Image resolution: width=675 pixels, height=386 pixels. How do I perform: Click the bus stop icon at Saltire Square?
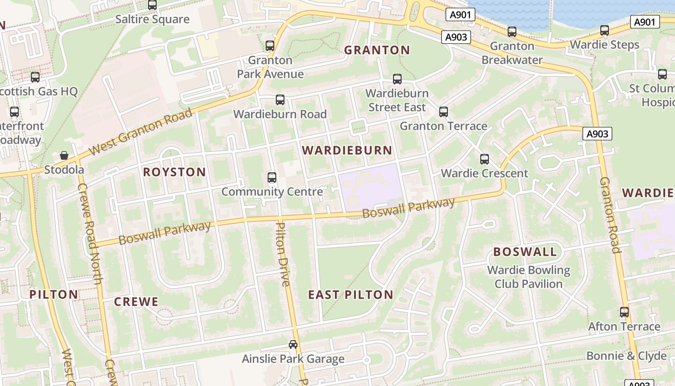coord(152,5)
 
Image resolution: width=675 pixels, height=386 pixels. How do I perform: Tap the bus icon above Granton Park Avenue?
coord(270,46)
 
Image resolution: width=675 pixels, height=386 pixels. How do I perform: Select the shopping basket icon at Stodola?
coord(64,155)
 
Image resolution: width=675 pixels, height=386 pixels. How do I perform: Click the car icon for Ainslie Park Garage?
coord(293,345)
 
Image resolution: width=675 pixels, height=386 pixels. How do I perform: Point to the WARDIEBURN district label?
coord(347,151)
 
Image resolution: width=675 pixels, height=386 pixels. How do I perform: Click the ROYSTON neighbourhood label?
coord(175,172)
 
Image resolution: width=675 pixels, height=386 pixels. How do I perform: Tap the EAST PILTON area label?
coord(351,295)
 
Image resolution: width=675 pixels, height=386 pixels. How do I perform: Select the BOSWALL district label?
coord(525,252)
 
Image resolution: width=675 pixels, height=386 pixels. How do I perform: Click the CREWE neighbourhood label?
coord(136,302)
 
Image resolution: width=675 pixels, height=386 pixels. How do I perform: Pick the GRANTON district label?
coord(377,50)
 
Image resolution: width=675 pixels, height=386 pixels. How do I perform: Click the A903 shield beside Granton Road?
coord(597,134)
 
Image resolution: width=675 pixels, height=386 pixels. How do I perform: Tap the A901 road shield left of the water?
coord(459,15)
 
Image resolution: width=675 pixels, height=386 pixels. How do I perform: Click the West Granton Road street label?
coord(141,132)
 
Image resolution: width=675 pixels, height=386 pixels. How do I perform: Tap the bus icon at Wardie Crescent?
coord(485,159)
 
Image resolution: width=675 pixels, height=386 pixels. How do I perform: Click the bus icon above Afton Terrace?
coord(624,312)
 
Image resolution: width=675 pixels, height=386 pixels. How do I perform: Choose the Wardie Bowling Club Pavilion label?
coord(528,277)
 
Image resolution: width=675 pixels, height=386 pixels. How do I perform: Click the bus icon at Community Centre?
coord(272,178)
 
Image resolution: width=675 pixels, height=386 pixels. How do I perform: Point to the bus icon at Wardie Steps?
coord(605,30)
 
